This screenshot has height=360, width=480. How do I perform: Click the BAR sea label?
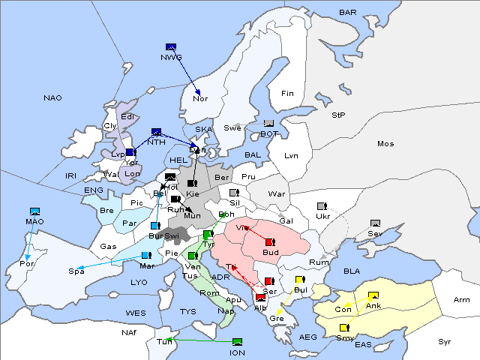(x=348, y=12)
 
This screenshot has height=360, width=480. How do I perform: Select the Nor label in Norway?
(x=200, y=98)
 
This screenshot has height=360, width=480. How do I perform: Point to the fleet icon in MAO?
(x=34, y=212)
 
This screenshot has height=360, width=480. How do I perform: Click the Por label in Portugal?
(x=27, y=264)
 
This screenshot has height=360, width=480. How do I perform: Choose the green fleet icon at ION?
(x=238, y=342)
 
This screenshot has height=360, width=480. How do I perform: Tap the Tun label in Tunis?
(x=164, y=341)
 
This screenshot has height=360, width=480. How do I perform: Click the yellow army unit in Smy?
(x=343, y=328)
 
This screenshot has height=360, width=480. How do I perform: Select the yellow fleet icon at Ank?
(x=373, y=295)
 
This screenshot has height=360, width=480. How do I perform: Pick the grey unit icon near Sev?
(x=375, y=223)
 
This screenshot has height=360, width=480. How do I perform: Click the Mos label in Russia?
(x=385, y=143)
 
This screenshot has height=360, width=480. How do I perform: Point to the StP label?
(x=338, y=115)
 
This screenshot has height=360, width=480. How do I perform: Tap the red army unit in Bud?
(x=270, y=242)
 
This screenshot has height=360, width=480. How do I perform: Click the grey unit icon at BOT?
(x=268, y=124)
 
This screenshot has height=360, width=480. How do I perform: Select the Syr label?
(x=445, y=341)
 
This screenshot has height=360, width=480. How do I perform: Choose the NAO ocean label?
(x=52, y=98)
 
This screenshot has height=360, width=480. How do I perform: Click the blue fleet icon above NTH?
(x=157, y=132)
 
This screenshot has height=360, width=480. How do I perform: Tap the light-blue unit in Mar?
(x=145, y=256)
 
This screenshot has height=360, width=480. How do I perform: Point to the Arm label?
(x=462, y=300)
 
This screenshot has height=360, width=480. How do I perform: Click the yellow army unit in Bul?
(x=300, y=280)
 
